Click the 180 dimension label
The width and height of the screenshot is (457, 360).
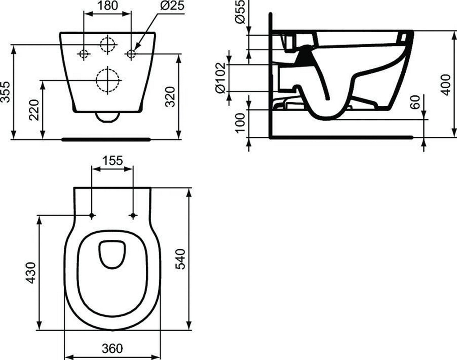coord(107,5)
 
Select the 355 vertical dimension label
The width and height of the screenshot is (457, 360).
coord(5,92)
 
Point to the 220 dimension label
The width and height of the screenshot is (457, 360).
coord(34,110)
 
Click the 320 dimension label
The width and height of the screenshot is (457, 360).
coord(170,97)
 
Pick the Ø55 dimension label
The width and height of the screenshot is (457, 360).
coord(240,12)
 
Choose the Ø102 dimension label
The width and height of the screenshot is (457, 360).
coord(221,77)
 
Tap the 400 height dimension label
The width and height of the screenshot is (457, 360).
coord(446,85)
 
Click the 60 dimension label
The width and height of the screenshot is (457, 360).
coord(415,102)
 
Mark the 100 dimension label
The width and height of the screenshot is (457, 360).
coord(240,123)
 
